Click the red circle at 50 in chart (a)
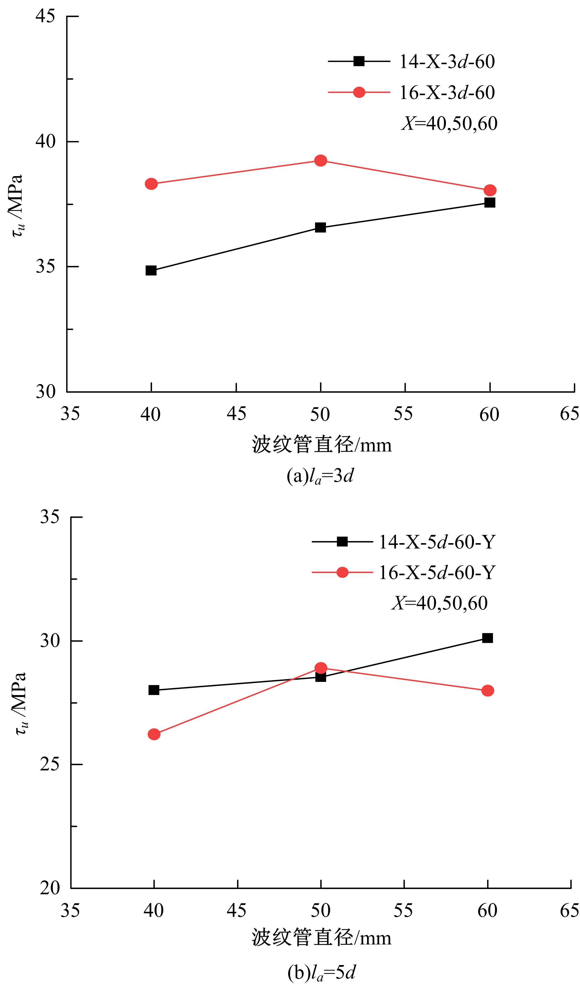pyautogui.click(x=321, y=160)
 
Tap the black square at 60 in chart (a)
pyautogui.click(x=490, y=202)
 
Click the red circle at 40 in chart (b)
pyautogui.click(x=154, y=734)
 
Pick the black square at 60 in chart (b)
pyautogui.click(x=487, y=638)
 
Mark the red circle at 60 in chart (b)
pyautogui.click(x=487, y=691)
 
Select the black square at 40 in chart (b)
pyautogui.click(x=154, y=690)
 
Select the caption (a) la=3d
pyautogui.click(x=320, y=477)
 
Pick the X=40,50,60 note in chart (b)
pyautogui.click(x=439, y=603)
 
